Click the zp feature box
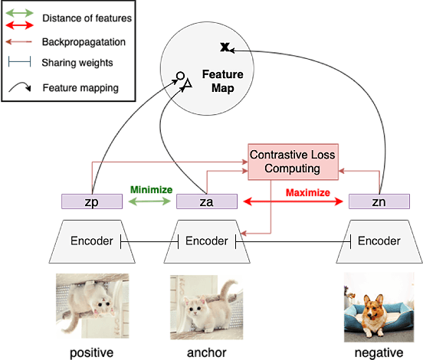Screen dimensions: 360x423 (x=92, y=201)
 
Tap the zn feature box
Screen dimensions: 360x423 (x=379, y=201)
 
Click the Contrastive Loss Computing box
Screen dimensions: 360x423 (x=295, y=162)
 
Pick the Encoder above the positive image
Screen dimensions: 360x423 (x=93, y=241)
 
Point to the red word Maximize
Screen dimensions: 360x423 (x=307, y=192)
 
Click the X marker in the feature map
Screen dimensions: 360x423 (x=225, y=48)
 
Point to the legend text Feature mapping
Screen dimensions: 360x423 (x=80, y=87)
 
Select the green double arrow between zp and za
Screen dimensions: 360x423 (x=150, y=202)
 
